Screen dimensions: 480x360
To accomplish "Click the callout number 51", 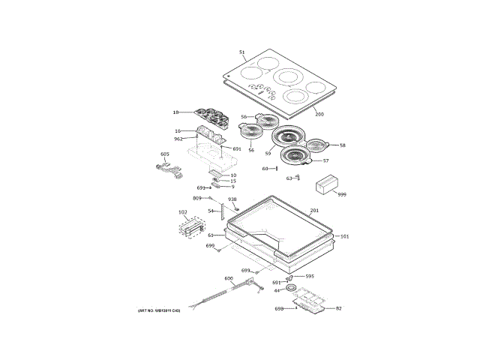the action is (x=242, y=52).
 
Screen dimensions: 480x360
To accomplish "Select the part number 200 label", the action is (x=319, y=114).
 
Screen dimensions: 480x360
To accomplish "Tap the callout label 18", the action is (x=175, y=112).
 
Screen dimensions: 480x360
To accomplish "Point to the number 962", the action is (x=178, y=139).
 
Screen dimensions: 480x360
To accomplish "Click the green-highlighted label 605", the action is (x=166, y=154).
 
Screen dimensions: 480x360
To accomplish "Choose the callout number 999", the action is (x=341, y=194).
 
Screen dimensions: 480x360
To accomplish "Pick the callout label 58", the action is (x=343, y=145).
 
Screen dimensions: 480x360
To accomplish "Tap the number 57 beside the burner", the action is (x=325, y=160).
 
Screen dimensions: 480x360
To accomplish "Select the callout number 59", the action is (x=268, y=154).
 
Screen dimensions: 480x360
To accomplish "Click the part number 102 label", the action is (x=182, y=212).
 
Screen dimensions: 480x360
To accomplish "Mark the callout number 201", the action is (x=314, y=211).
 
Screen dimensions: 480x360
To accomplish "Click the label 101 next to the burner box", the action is (x=344, y=237).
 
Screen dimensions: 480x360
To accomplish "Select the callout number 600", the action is (x=229, y=278).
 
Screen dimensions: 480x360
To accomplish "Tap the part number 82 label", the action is (x=338, y=308).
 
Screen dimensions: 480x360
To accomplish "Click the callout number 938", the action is (x=232, y=199).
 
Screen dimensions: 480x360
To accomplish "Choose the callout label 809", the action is (x=197, y=198).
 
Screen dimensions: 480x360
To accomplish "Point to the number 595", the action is (x=309, y=276).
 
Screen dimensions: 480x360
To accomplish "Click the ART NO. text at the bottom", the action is (x=159, y=310).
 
